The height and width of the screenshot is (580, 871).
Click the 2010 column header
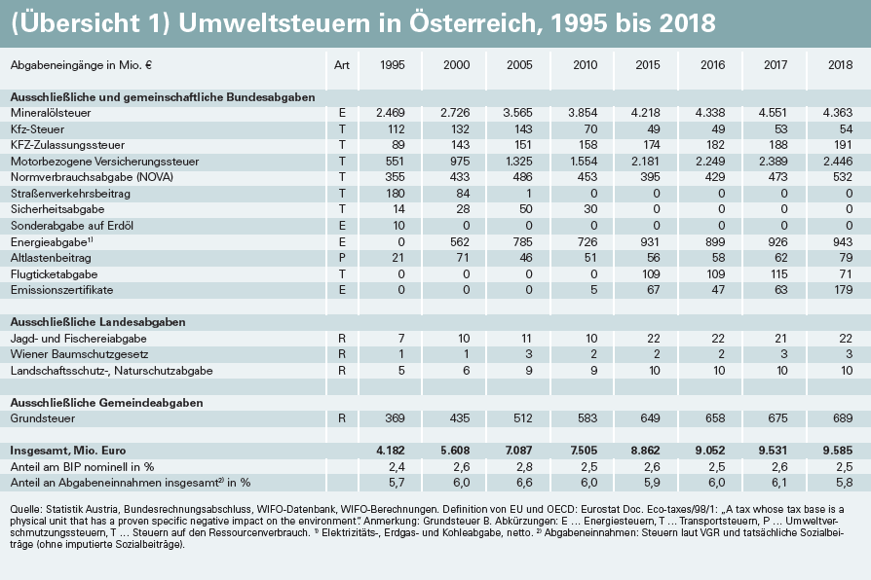585,65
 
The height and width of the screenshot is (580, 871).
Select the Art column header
342,65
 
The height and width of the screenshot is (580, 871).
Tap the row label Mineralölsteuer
51,113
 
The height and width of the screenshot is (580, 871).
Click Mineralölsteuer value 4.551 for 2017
773,113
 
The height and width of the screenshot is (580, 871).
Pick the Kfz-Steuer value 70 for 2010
590,129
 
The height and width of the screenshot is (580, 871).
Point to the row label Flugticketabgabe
54,274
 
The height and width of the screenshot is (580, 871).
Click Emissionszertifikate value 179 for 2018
843,290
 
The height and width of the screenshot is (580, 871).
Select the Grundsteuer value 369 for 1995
395,417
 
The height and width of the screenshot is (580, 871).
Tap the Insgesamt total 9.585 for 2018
837,451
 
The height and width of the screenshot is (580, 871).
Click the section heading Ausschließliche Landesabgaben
97,322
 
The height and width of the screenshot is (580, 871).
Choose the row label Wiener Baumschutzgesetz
80,354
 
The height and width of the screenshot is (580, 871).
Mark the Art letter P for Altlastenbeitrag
342,258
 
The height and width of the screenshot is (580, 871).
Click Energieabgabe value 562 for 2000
460,242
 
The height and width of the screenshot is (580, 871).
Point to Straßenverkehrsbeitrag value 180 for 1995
395,193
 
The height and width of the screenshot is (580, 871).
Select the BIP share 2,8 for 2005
524,467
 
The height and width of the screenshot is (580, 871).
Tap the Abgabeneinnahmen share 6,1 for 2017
779,483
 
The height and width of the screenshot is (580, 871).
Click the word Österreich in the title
475,23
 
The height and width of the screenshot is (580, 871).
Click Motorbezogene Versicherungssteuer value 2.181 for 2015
646,162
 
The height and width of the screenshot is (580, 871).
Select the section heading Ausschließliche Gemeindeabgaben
106,402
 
